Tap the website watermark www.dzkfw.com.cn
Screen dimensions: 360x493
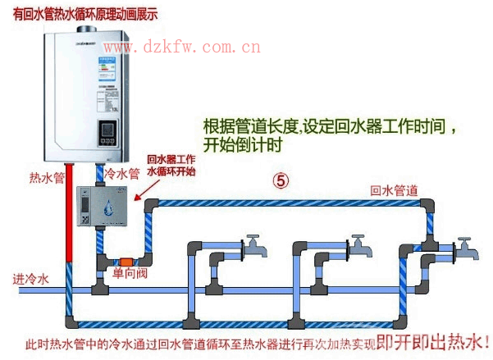[x=181, y=48]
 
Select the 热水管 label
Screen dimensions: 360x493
[x=46, y=178]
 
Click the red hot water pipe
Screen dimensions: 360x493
[x=72, y=238]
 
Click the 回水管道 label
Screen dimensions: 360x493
[x=395, y=189]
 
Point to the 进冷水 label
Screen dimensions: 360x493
[x=31, y=279]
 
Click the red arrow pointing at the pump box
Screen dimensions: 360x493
[x=147, y=193]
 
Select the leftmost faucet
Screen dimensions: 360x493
[x=253, y=243]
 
